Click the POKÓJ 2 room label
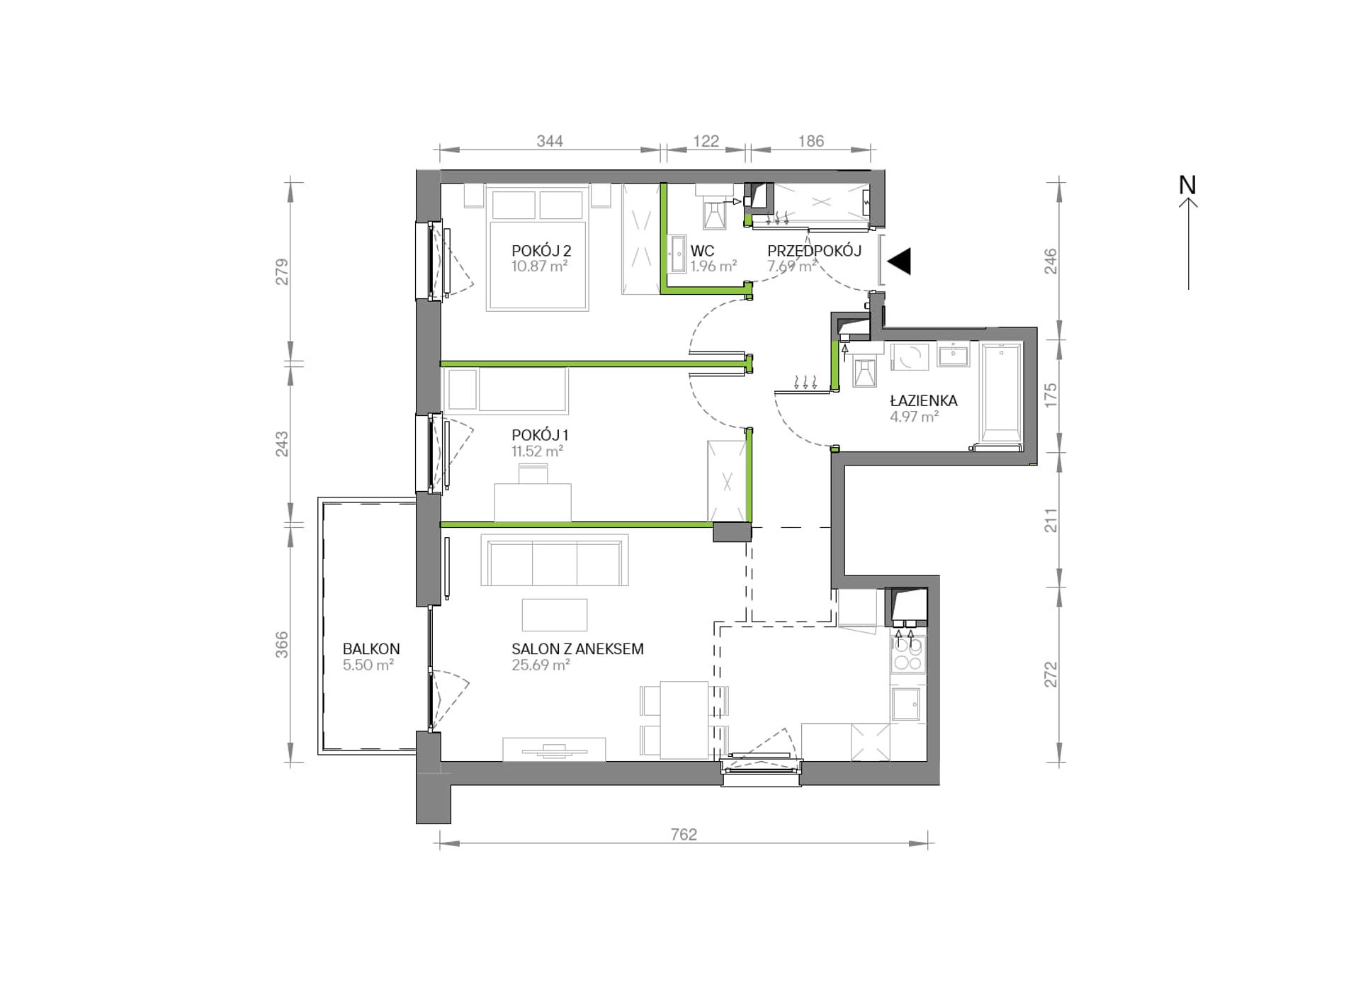pos(541,251)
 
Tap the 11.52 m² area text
pos(538,451)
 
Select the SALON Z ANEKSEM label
pos(577,649)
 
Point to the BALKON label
pos(371,649)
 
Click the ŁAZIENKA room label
pos(924,400)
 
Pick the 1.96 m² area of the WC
pos(714,266)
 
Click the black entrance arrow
pos(899,261)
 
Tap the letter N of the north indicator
pos(1187,185)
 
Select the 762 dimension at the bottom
pos(684,835)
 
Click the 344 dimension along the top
pos(550,141)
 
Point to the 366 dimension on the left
pos(282,645)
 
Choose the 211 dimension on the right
pos(1051,521)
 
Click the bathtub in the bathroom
pos(1001,394)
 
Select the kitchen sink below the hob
pos(907,704)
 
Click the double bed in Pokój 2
pos(537,248)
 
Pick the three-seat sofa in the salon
pos(555,560)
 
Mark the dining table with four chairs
pos(684,719)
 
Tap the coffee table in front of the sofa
pos(555,615)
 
